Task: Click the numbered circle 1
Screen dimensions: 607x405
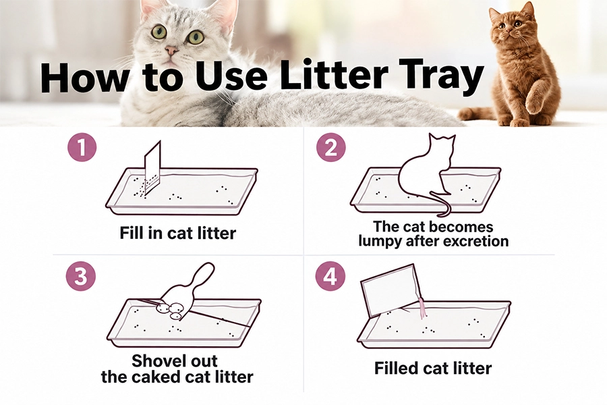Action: pos(82,147)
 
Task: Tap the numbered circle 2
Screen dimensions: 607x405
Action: pos(331,147)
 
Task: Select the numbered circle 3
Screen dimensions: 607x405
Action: pos(80,277)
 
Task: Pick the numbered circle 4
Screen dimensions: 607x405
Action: pos(330,277)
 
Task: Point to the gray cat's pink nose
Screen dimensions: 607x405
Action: pos(171,50)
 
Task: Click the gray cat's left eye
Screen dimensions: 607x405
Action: pos(158,32)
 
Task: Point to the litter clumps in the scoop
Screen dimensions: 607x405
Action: pos(171,310)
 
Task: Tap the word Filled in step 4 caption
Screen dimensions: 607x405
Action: pos(395,368)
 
